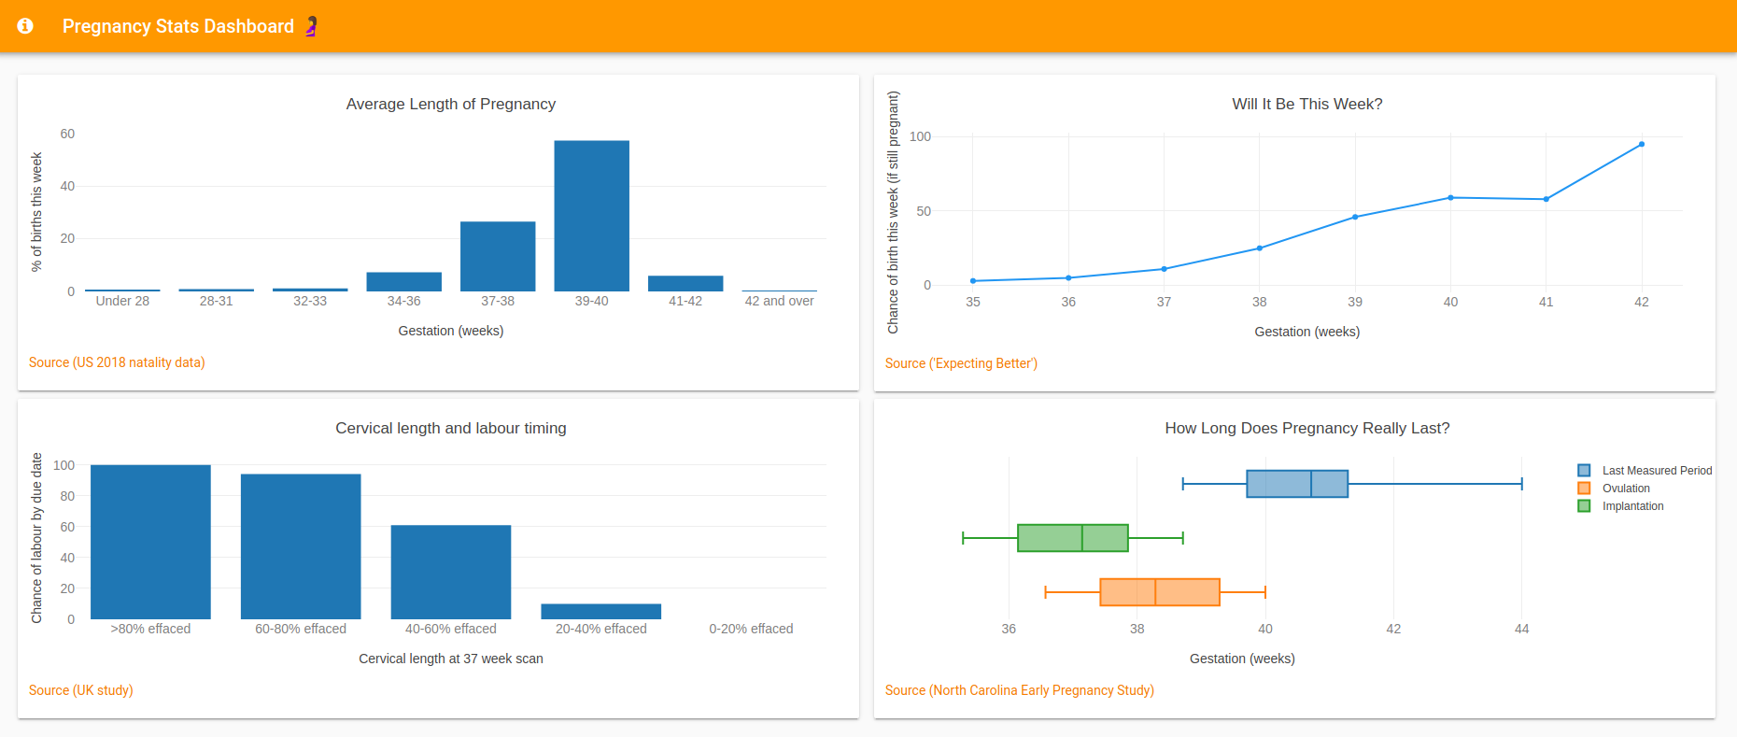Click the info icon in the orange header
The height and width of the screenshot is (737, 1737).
point(25,26)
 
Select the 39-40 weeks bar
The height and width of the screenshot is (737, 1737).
point(591,216)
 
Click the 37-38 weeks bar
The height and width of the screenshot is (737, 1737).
point(498,256)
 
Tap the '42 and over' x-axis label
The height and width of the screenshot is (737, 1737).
point(779,301)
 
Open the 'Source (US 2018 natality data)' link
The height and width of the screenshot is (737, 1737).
point(117,362)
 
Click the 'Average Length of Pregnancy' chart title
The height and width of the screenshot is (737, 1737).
point(450,104)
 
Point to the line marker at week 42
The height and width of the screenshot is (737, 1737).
point(1641,145)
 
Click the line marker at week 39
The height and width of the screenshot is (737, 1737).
point(1355,217)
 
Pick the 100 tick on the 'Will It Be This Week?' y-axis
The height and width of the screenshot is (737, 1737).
point(920,136)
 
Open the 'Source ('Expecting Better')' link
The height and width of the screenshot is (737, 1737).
point(961,363)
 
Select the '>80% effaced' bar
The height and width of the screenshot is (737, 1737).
point(150,542)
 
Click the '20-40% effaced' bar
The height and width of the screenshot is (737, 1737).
point(600,612)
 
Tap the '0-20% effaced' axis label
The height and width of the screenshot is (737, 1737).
point(751,629)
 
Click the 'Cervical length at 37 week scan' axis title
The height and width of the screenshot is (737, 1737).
point(450,659)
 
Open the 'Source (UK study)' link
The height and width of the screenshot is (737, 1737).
point(80,690)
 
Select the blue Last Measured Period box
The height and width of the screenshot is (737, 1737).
point(1296,484)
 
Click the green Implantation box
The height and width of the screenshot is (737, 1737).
point(1072,538)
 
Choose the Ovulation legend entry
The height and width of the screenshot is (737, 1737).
point(1625,489)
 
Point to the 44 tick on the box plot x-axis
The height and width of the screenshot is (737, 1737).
point(1521,629)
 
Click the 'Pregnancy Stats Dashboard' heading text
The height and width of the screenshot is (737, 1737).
point(177,26)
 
